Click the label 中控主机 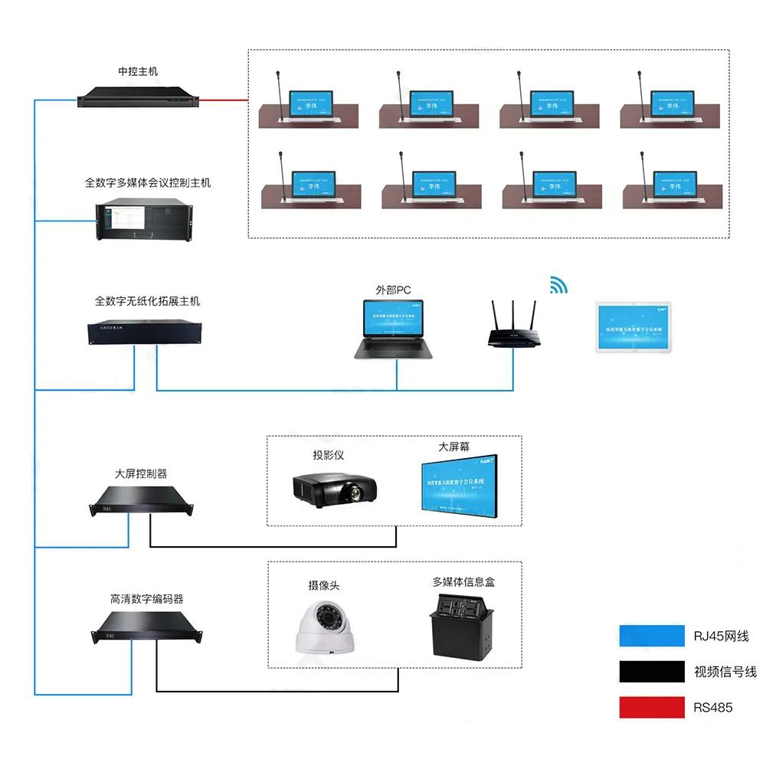coord(138,72)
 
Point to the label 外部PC coord(393,290)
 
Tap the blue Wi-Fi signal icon coord(558,286)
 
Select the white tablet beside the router coord(635,327)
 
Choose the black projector coord(334,487)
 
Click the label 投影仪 coord(328,455)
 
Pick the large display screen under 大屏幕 coord(457,485)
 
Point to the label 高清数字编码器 coord(146,599)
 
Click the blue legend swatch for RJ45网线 coord(652,636)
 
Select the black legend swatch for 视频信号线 coord(652,671)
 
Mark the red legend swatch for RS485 coord(652,707)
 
